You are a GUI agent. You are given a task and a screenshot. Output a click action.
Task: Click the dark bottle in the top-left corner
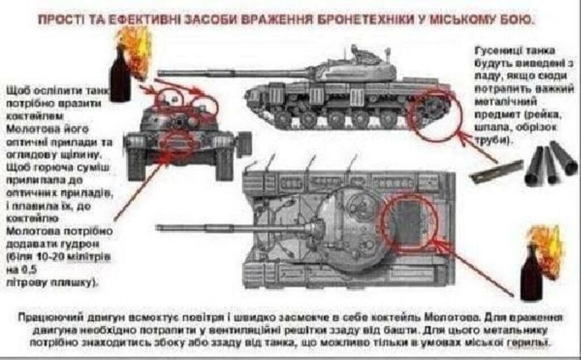click(x=120, y=77)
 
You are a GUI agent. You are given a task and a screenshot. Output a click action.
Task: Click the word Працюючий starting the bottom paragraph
click(x=43, y=316)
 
